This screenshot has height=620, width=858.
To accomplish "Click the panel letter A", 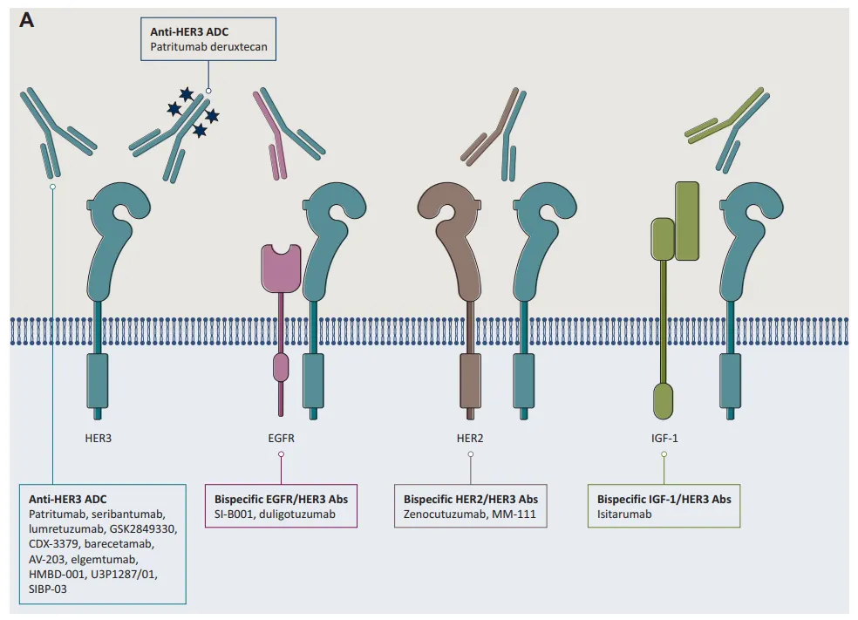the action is click(x=26, y=20).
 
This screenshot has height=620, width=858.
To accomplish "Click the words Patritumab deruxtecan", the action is click(x=208, y=47).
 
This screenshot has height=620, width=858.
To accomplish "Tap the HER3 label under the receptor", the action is click(x=98, y=439).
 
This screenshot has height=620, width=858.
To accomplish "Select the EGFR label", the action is click(x=282, y=439).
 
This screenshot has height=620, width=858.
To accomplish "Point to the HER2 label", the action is click(x=470, y=439).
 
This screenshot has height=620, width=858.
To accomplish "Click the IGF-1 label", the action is click(x=664, y=439).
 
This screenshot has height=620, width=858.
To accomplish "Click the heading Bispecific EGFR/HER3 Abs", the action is click(x=282, y=499).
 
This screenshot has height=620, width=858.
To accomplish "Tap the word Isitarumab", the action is click(x=624, y=514).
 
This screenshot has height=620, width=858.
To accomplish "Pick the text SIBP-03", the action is click(x=48, y=589).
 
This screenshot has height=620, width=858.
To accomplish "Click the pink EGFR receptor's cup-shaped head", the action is click(x=282, y=267).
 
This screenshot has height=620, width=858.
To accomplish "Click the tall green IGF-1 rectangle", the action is click(x=687, y=221).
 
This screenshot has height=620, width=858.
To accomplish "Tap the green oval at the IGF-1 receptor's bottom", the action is click(x=664, y=401).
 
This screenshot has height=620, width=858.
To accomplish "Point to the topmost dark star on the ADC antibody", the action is click(x=187, y=94).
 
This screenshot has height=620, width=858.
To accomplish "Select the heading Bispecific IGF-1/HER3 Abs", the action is click(x=664, y=499).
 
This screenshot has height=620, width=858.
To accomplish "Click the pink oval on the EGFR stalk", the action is click(x=281, y=366).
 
